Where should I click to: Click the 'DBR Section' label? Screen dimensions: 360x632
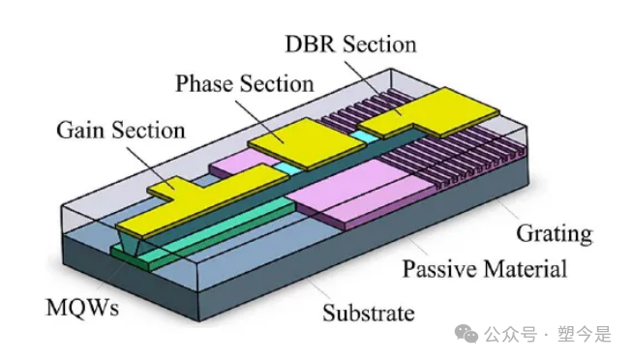tap(350, 45)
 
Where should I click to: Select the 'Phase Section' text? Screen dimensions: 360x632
tap(245, 83)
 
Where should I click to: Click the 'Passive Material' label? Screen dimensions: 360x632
tap(484, 268)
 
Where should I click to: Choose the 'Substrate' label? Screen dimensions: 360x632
tap(368, 313)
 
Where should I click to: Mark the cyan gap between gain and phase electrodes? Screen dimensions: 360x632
tap(282, 168)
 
